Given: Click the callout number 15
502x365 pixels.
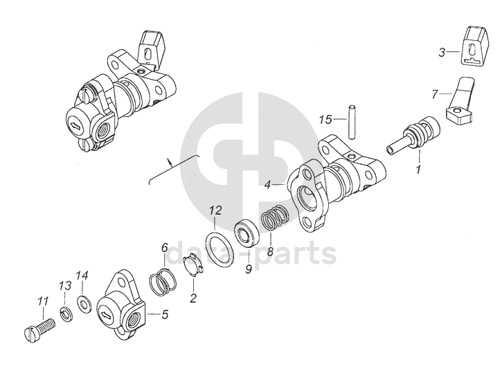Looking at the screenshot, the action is (x=326, y=120).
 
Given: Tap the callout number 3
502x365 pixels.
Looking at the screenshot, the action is (x=442, y=51).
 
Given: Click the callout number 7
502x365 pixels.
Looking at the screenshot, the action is (x=435, y=93).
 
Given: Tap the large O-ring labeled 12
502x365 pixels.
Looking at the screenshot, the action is (x=222, y=249).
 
